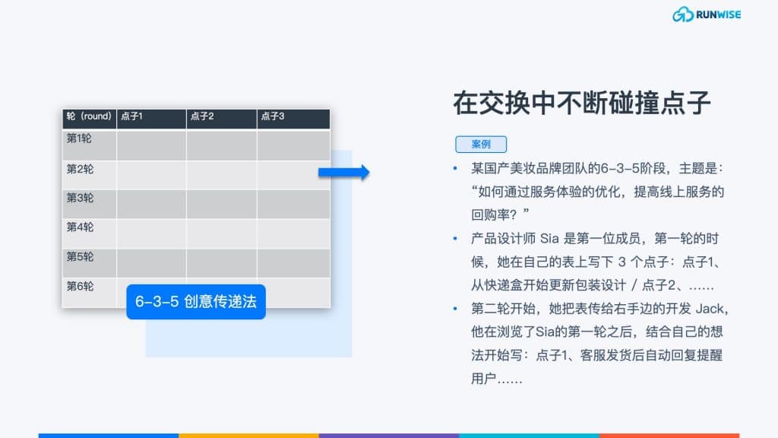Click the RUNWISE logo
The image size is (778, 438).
pyautogui.click(x=707, y=14)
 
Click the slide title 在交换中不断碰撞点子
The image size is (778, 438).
pyautogui.click(x=581, y=103)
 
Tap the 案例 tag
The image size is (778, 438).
pyautogui.click(x=481, y=144)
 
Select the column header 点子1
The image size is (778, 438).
pyautogui.click(x=131, y=116)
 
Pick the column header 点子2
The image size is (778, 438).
pyautogui.click(x=202, y=116)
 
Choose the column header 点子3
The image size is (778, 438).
pyautogui.click(x=273, y=116)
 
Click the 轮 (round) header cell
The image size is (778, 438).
pyautogui.click(x=89, y=116)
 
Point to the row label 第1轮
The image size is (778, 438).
pyautogui.click(x=79, y=138)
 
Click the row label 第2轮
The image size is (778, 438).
pyautogui.click(x=80, y=169)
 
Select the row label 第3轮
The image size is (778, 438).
pyautogui.click(x=80, y=198)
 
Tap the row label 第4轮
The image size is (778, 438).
pyautogui.click(x=80, y=227)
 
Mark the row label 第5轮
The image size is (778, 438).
pyautogui.click(x=80, y=257)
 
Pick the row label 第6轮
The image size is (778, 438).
pyautogui.click(x=80, y=286)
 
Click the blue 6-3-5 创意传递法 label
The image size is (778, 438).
pyautogui.click(x=196, y=301)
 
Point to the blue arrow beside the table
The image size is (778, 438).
pyautogui.click(x=344, y=173)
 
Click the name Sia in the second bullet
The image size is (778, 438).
pyautogui.click(x=549, y=239)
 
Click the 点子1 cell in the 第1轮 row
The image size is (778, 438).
pyautogui.click(x=151, y=145)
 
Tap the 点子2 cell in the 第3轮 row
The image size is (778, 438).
pyautogui.click(x=221, y=204)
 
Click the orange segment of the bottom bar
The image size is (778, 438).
pyautogui.click(x=248, y=436)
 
